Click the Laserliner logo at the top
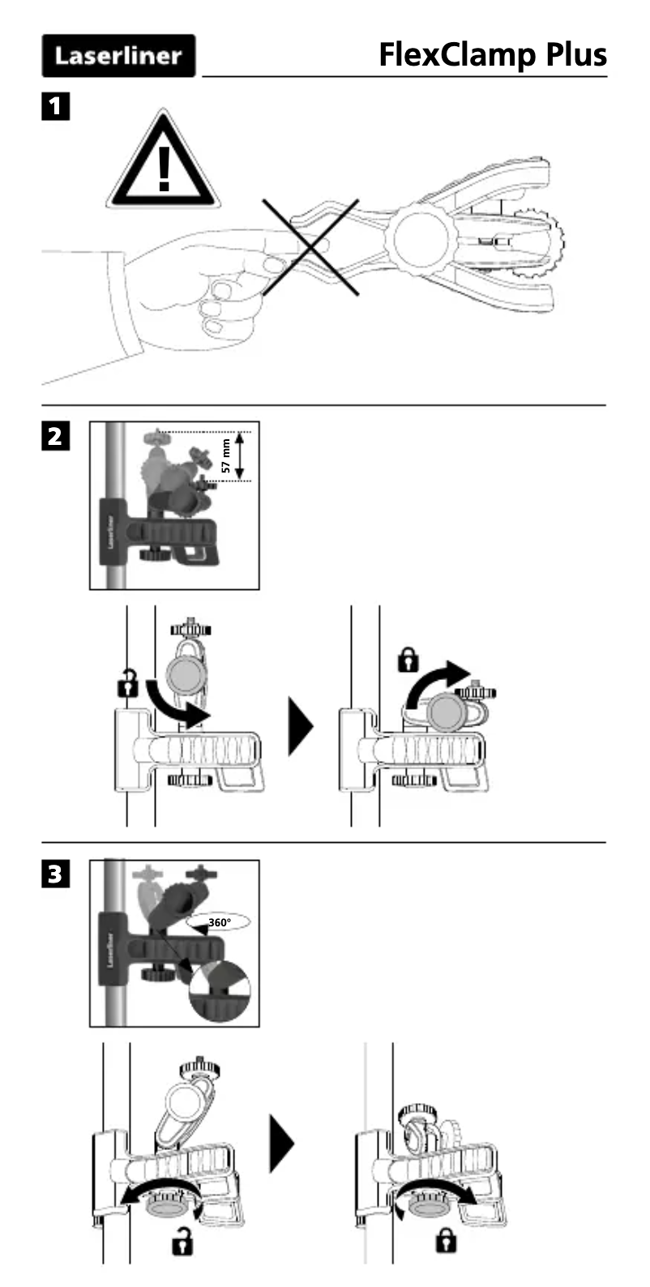[x=118, y=56]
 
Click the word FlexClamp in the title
[x=456, y=55]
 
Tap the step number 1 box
[x=55, y=106]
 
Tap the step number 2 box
[x=55, y=436]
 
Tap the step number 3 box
[x=55, y=874]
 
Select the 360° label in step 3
[x=220, y=921]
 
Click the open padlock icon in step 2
[x=126, y=683]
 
